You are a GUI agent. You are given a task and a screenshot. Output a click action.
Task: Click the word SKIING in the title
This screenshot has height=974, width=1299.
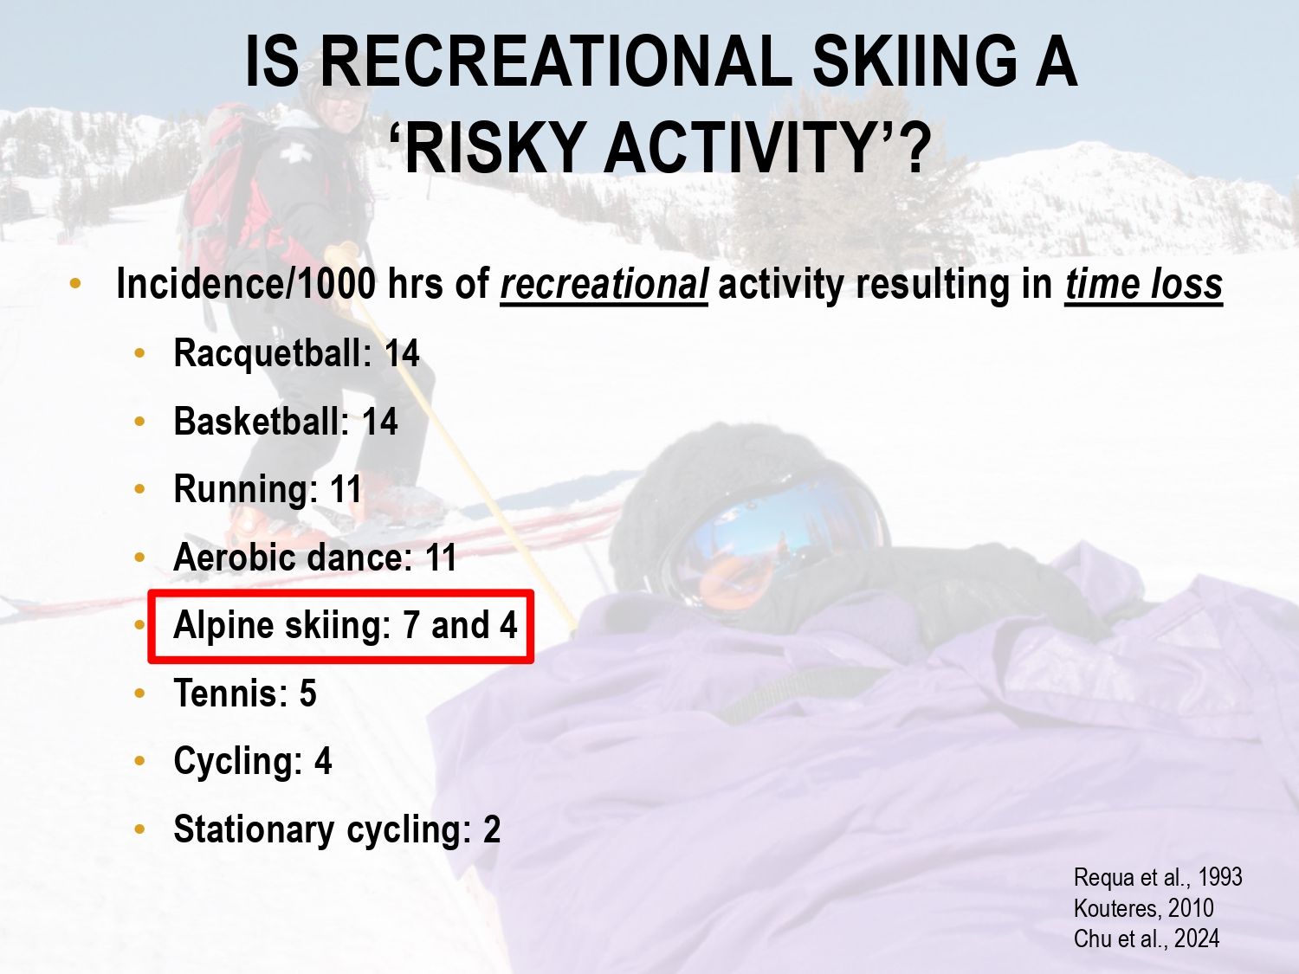[x=914, y=61]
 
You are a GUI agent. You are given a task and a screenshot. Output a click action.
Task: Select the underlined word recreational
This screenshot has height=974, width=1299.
[x=604, y=284]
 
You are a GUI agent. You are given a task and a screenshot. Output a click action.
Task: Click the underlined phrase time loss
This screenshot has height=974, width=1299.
[x=1143, y=284]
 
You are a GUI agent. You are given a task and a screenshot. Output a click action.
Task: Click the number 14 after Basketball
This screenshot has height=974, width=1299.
[x=379, y=422]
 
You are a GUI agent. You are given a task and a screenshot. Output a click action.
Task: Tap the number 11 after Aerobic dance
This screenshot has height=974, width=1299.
[x=440, y=557]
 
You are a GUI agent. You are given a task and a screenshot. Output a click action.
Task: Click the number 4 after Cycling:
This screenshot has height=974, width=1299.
[x=322, y=760]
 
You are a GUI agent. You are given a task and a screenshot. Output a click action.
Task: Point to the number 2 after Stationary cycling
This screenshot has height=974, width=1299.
[x=492, y=829]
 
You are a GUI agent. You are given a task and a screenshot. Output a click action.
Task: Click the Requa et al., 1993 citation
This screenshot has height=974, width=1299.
[x=1158, y=878]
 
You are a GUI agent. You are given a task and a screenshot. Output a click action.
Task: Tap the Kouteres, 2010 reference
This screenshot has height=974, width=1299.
[x=1143, y=908]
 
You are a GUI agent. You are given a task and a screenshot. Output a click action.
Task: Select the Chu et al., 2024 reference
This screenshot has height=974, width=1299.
[x=1147, y=939]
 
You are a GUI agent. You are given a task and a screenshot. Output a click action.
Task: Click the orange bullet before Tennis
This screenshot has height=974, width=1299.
[x=139, y=693]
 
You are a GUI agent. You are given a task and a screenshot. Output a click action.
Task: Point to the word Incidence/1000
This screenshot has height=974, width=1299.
[x=246, y=284]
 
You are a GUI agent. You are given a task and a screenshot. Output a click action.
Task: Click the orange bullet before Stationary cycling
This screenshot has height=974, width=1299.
[x=139, y=829]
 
